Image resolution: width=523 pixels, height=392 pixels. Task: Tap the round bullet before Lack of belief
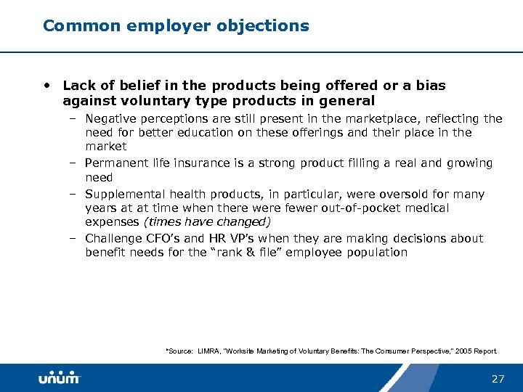click(47, 86)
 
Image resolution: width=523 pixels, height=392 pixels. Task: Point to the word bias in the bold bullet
click(431, 86)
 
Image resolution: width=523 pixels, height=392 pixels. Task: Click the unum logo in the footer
click(59, 378)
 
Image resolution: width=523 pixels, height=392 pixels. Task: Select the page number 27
click(498, 379)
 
